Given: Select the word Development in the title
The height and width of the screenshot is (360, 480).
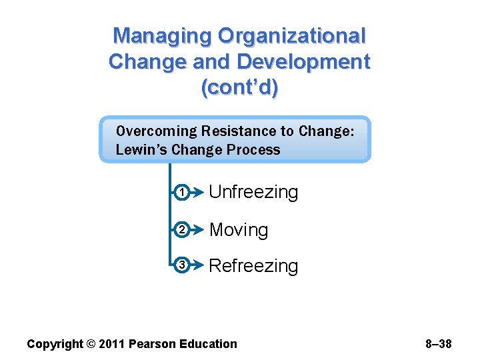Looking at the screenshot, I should [x=303, y=62].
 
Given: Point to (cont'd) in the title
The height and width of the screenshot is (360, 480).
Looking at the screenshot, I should [x=239, y=88].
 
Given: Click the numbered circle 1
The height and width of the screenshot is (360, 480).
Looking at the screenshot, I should [x=181, y=193].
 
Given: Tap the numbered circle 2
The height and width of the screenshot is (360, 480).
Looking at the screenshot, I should [x=181, y=231].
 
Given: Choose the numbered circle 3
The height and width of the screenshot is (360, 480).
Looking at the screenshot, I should [x=181, y=266].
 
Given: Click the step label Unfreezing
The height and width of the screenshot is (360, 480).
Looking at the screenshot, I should [x=253, y=193].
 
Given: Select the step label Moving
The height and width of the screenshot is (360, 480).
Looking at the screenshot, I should [x=239, y=230].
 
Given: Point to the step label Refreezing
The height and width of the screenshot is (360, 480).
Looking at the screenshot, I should [x=253, y=266].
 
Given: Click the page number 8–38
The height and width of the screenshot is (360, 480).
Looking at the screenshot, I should [x=438, y=344].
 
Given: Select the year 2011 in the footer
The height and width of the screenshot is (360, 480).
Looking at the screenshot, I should [x=110, y=344].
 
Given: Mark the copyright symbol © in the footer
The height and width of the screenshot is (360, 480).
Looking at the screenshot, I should [x=90, y=344].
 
